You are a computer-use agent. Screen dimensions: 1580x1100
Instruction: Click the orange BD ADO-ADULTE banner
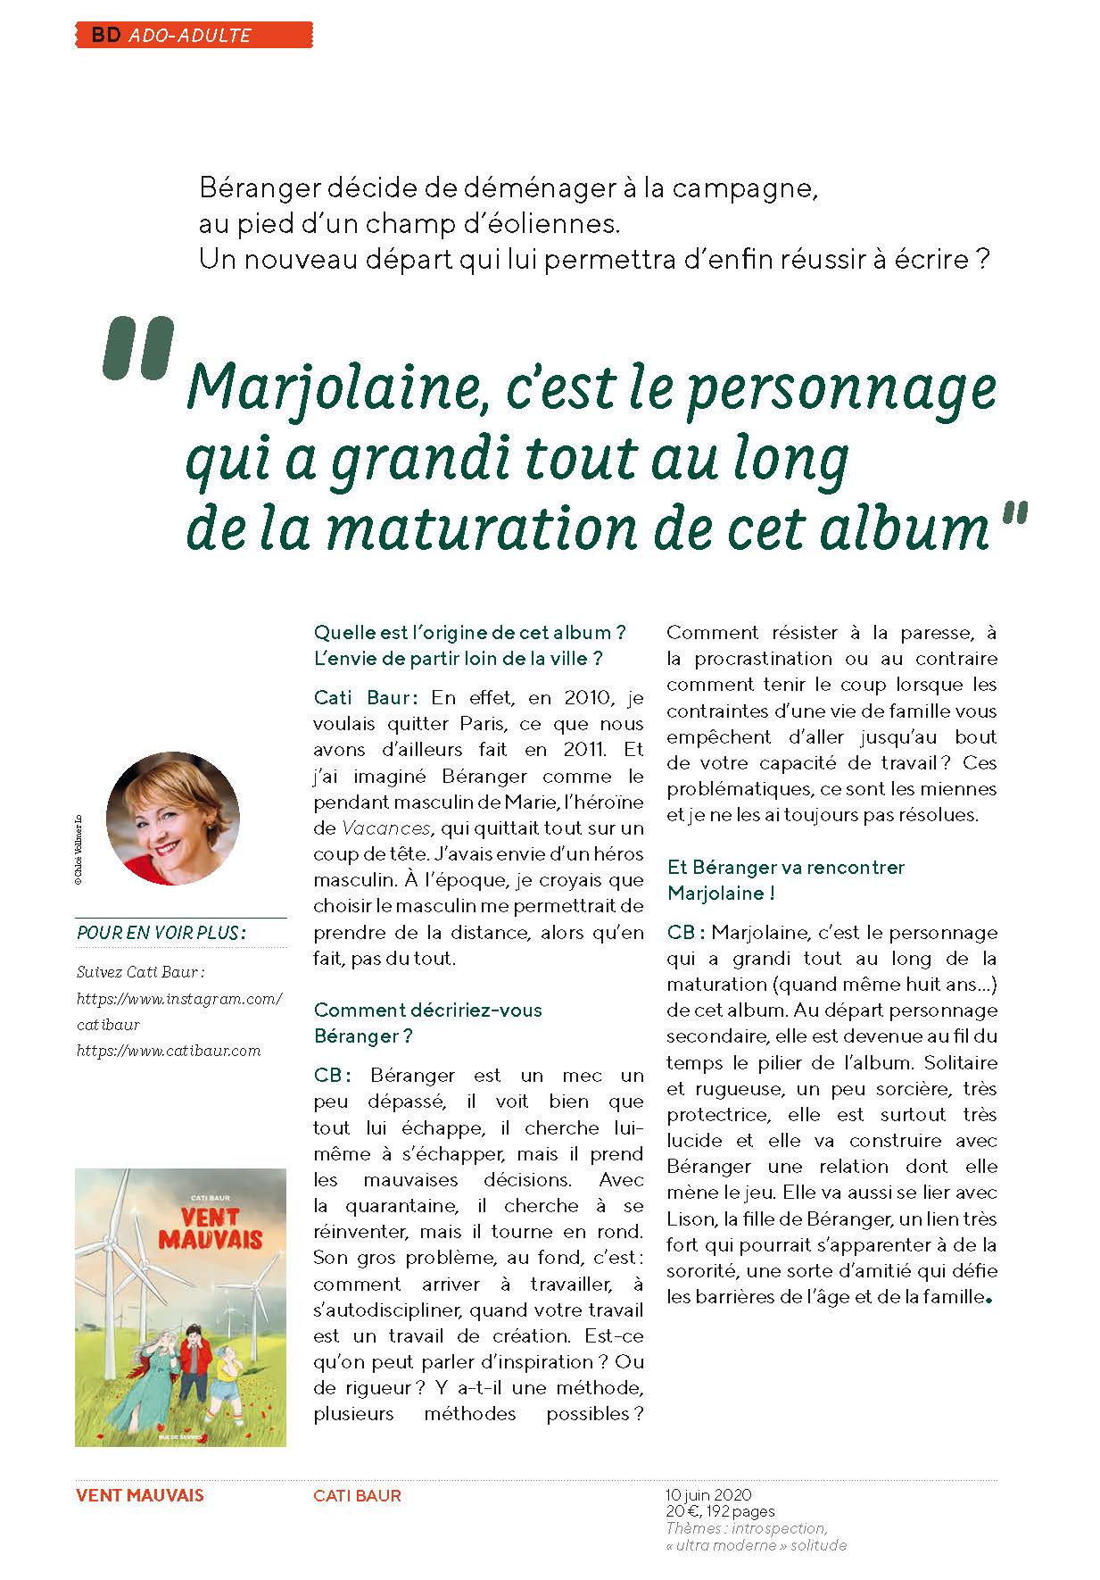[x=194, y=35]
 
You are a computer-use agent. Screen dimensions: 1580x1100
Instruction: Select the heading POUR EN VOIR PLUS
[x=161, y=933]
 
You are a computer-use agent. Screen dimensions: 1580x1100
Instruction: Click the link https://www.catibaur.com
[x=169, y=1051]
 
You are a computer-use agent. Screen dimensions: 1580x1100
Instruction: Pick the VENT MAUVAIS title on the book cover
[x=210, y=1227]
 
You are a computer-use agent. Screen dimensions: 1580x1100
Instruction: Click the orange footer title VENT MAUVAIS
[x=140, y=1495]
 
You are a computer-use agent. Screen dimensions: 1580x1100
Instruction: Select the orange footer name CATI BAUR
[x=357, y=1495]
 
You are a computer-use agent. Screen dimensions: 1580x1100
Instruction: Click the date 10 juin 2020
[x=708, y=1494]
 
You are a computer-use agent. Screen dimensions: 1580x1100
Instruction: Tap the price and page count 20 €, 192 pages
[x=720, y=1511]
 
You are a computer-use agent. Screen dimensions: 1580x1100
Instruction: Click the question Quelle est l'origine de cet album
[x=469, y=633]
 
